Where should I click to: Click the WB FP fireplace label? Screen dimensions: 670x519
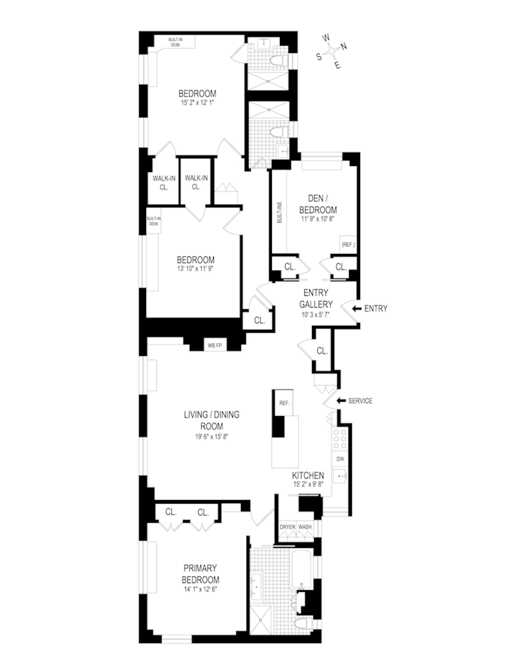pyautogui.click(x=214, y=345)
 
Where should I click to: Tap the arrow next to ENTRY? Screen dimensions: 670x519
pyautogui.click(x=357, y=308)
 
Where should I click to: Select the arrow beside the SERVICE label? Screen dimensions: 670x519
pyautogui.click(x=341, y=401)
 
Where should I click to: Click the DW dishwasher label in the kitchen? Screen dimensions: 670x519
pyautogui.click(x=340, y=459)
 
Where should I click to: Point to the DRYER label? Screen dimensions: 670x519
pyautogui.click(x=287, y=527)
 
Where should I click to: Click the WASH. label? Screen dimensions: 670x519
pyautogui.click(x=305, y=527)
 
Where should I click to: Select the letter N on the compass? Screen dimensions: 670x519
pyautogui.click(x=344, y=46)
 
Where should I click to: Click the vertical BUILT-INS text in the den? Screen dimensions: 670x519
pyautogui.click(x=279, y=212)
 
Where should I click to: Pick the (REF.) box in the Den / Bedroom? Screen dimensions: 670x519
pyautogui.click(x=348, y=245)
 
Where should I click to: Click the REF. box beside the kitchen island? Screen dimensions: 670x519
pyautogui.click(x=284, y=403)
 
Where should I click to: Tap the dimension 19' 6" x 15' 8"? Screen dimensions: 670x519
pyautogui.click(x=211, y=437)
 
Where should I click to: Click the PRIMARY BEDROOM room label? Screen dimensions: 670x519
pyautogui.click(x=200, y=574)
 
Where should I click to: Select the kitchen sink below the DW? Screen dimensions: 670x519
pyautogui.click(x=340, y=476)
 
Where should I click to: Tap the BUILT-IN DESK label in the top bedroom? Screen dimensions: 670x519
pyautogui.click(x=175, y=42)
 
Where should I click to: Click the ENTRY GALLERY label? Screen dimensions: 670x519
pyautogui.click(x=316, y=298)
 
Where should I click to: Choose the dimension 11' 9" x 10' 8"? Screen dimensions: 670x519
pyautogui.click(x=318, y=219)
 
